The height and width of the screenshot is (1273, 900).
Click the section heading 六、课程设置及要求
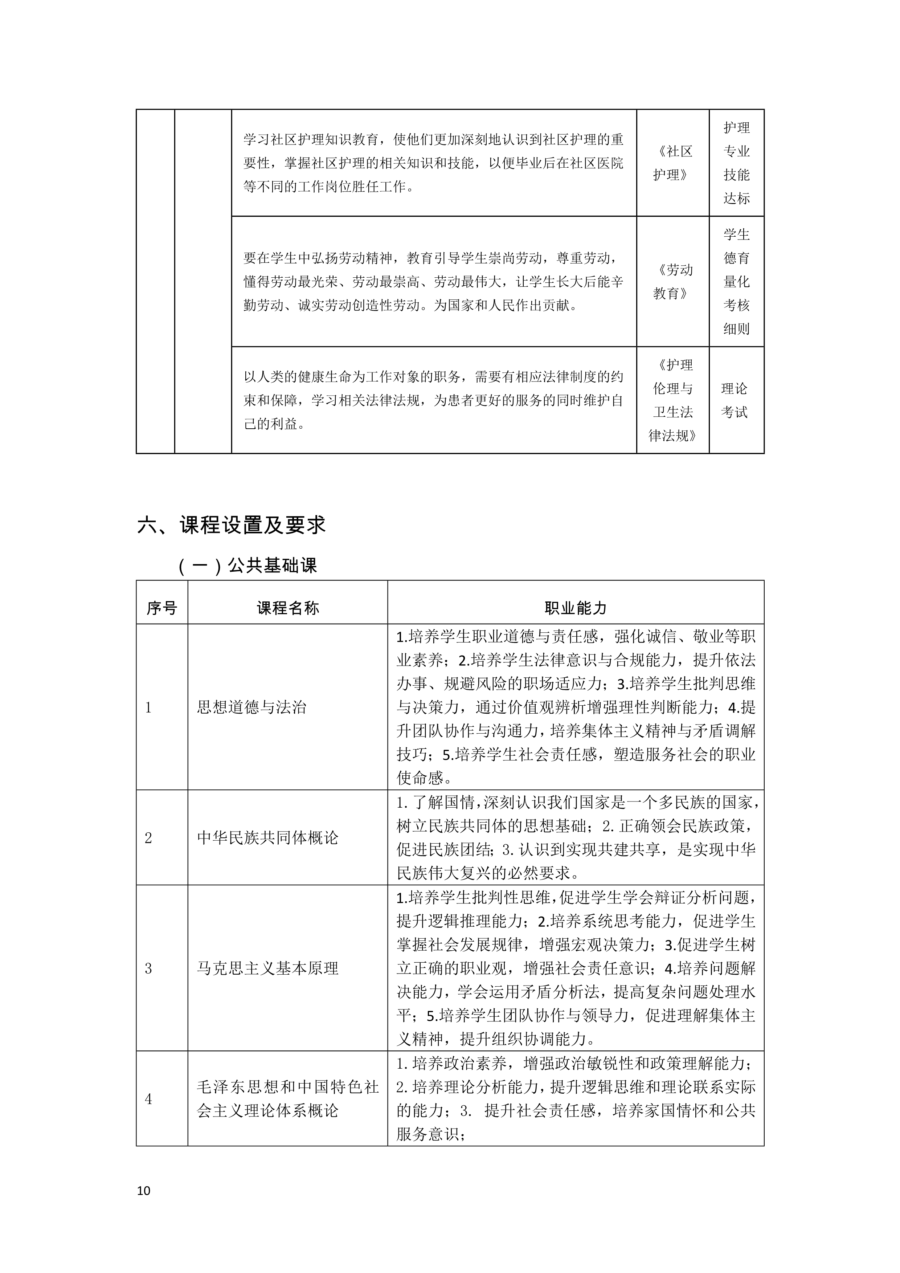click(231, 525)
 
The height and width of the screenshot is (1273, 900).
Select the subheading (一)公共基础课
click(248, 566)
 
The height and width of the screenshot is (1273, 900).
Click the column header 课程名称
click(288, 608)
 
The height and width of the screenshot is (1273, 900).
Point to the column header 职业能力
click(575, 608)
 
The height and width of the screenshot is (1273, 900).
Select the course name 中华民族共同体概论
click(268, 838)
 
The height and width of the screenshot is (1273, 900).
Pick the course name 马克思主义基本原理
click(268, 968)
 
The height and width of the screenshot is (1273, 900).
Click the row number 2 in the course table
click(148, 838)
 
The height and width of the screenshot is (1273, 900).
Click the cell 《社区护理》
click(672, 163)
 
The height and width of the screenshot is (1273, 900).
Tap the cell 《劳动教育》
click(672, 282)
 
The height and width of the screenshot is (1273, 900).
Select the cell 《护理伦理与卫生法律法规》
click(672, 400)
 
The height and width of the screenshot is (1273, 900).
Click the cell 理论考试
click(735, 400)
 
